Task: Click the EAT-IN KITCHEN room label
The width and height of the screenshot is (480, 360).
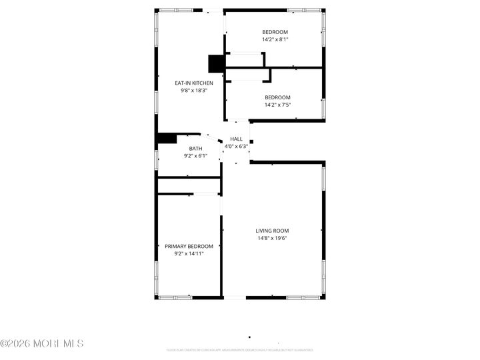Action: click(x=194, y=83)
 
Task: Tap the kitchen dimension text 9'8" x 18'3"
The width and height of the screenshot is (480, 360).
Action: click(x=194, y=91)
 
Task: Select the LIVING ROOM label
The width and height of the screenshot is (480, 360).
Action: click(x=273, y=231)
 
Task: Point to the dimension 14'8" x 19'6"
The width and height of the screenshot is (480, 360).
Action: click(x=273, y=238)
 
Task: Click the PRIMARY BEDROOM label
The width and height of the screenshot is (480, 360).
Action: click(x=189, y=246)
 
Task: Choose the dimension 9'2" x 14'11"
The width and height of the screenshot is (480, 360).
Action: click(x=189, y=253)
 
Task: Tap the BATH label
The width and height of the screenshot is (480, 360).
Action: click(x=195, y=149)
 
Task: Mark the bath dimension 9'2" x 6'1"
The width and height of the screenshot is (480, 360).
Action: click(x=195, y=156)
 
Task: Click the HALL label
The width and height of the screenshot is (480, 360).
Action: click(x=236, y=139)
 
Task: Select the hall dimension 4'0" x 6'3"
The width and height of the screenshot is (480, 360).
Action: click(x=236, y=146)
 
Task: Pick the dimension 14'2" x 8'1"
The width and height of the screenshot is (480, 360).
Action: click(x=275, y=39)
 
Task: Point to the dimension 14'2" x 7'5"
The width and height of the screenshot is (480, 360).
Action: click(x=278, y=105)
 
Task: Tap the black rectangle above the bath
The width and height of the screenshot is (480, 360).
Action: click(x=166, y=139)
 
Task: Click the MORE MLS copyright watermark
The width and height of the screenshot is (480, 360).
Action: click(x=42, y=344)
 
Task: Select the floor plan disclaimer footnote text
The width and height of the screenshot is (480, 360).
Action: click(x=240, y=349)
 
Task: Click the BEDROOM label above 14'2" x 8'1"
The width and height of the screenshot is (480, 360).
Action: click(x=275, y=32)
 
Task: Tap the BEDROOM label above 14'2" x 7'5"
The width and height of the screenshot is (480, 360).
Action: click(x=278, y=97)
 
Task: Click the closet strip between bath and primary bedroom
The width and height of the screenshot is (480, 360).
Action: click(x=189, y=185)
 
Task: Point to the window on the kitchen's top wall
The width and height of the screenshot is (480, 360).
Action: click(x=175, y=11)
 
